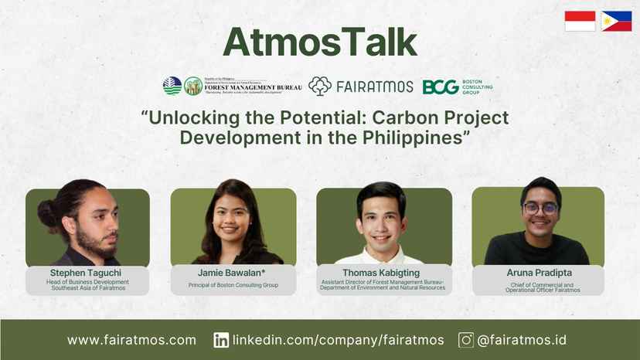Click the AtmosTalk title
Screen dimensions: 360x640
[319, 42]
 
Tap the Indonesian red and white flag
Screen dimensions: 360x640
[580, 21]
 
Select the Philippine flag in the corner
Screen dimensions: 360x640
[616, 21]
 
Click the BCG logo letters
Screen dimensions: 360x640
[440, 87]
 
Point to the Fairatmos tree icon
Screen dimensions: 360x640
[319, 86]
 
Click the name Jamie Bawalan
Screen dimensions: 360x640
[231, 273]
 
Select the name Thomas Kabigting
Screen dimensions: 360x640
[383, 273]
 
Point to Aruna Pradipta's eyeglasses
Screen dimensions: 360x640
[540, 208]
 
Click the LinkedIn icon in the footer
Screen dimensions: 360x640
[221, 340]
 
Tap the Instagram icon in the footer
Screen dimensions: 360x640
[466, 340]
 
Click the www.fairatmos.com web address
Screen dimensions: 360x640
[131, 340]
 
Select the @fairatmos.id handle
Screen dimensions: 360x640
[523, 340]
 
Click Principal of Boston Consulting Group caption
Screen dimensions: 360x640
[233, 286]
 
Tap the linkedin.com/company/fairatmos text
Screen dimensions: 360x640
[339, 340]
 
